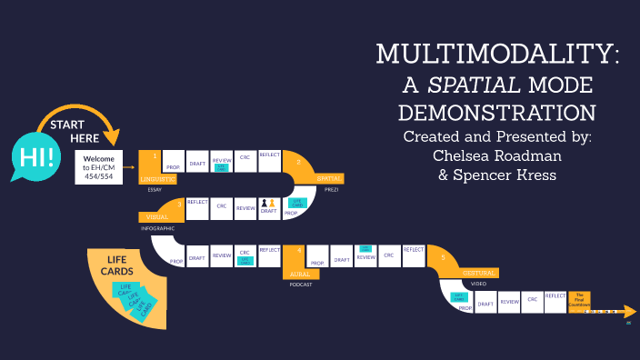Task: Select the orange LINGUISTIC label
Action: click(x=156, y=178)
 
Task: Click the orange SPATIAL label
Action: click(x=328, y=179)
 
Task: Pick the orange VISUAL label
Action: click(x=157, y=217)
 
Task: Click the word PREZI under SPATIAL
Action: click(x=330, y=191)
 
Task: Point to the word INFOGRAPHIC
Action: click(x=156, y=228)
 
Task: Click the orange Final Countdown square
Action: click(x=579, y=299)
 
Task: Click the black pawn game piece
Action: click(x=264, y=204)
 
